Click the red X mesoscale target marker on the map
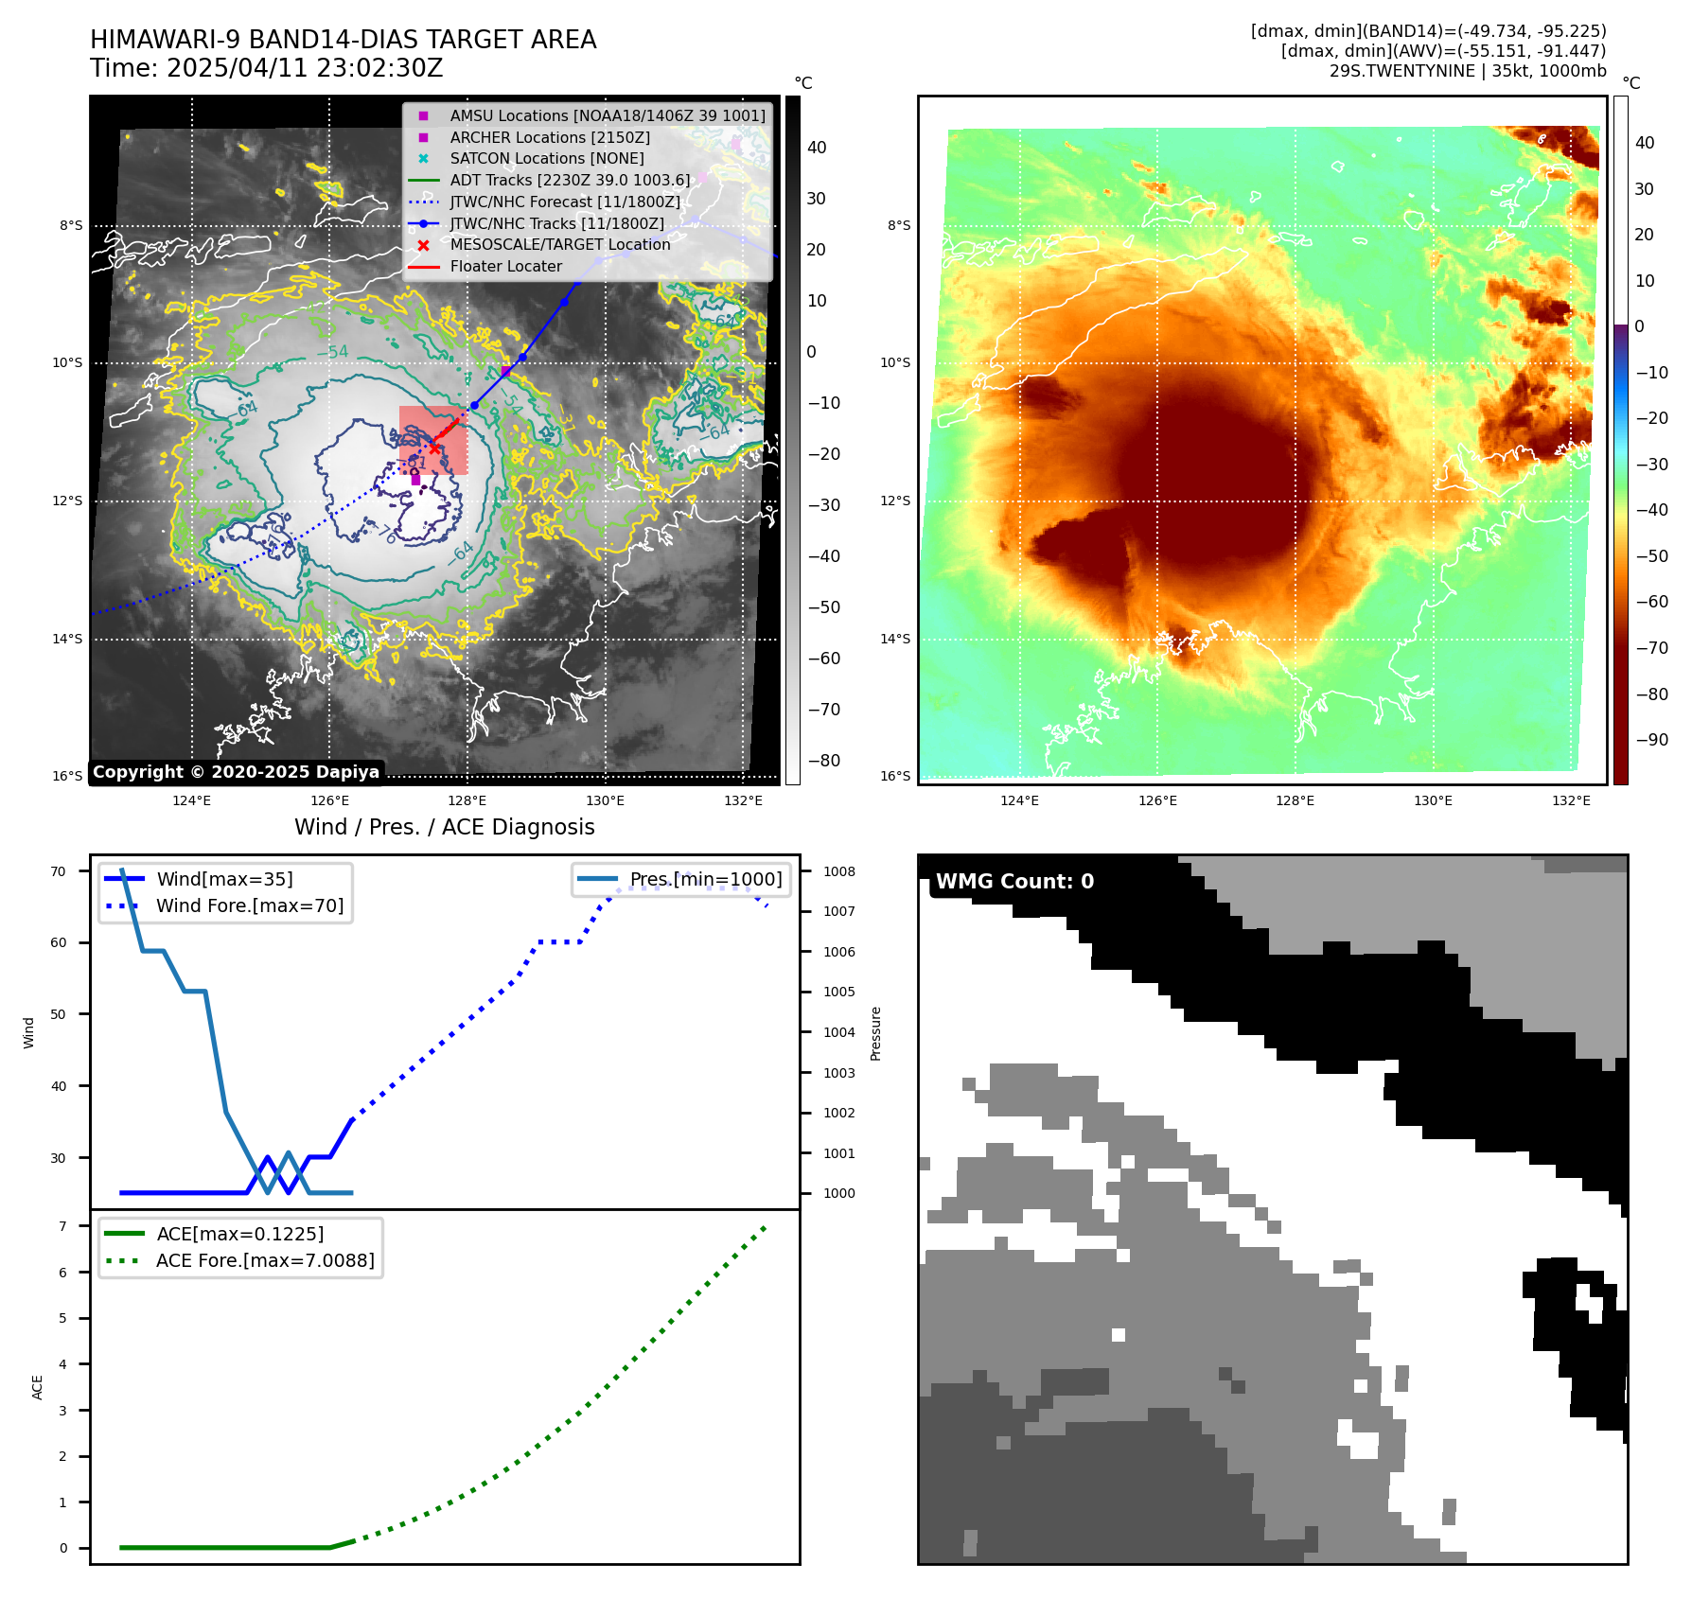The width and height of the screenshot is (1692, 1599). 434,448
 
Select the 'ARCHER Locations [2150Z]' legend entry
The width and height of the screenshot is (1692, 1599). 550,137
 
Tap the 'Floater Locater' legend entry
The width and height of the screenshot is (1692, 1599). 505,266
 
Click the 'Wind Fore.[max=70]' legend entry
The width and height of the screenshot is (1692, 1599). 250,905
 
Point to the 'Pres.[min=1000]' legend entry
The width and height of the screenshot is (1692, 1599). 706,879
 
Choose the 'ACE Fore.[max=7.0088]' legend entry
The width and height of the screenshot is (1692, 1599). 265,1260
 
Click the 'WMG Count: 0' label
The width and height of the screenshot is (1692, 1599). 1014,882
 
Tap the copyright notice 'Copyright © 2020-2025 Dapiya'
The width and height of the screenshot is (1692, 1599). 236,772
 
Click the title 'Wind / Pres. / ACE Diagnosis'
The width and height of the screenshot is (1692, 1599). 444,827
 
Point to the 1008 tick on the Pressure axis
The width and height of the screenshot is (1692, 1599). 838,871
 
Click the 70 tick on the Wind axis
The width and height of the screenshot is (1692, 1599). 59,871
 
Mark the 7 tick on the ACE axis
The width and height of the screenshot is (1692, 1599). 62,1226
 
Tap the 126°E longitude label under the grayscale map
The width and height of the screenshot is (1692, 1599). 329,800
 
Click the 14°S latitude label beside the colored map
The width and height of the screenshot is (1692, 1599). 895,639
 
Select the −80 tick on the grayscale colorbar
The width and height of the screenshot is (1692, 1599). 823,760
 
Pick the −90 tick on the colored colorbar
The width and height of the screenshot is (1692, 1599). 1651,739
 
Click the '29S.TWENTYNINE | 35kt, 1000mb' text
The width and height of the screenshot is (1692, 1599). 1468,71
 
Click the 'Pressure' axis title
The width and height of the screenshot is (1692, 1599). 876,1033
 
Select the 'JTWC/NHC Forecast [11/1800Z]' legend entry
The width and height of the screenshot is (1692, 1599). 565,202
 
